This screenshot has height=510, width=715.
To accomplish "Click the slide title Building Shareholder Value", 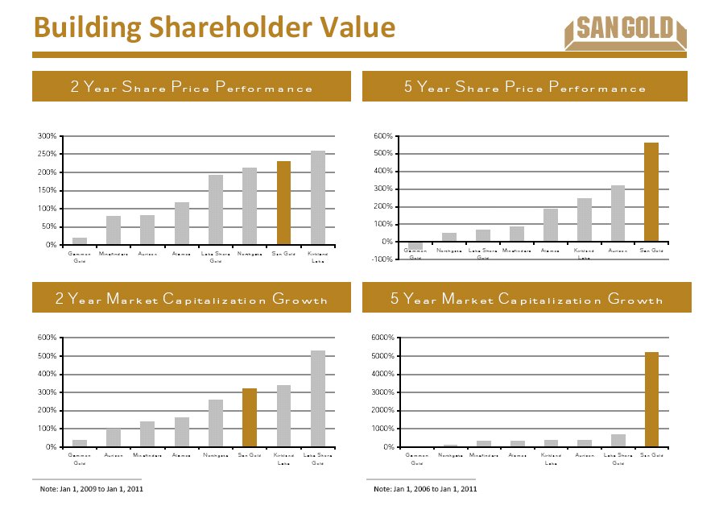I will pyautogui.click(x=215, y=28).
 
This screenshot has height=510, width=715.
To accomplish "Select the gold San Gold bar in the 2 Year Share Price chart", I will pyautogui.click(x=283, y=203).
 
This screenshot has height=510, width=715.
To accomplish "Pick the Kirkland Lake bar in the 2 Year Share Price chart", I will pyautogui.click(x=317, y=197).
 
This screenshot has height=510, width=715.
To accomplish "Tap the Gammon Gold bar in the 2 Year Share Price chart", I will pyautogui.click(x=80, y=241).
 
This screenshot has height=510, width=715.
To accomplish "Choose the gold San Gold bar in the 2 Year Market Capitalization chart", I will pyautogui.click(x=250, y=417).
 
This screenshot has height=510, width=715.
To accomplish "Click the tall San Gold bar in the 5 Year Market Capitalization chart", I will pyautogui.click(x=651, y=400).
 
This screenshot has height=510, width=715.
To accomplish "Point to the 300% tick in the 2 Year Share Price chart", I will pyautogui.click(x=45, y=135).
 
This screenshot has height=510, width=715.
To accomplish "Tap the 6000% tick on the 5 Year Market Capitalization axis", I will pyautogui.click(x=378, y=338).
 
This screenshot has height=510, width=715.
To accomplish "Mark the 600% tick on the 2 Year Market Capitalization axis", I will pyautogui.click(x=45, y=338).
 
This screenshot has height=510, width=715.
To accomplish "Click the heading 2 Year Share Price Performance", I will pyautogui.click(x=192, y=88).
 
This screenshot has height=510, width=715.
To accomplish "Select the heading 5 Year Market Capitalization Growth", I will pyautogui.click(x=527, y=300).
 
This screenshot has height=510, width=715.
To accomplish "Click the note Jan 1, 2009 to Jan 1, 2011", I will pyautogui.click(x=92, y=489).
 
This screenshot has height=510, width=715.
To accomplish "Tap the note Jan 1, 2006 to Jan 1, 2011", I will pyautogui.click(x=425, y=489).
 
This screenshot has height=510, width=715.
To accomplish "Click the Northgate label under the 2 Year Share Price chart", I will pyautogui.click(x=250, y=255).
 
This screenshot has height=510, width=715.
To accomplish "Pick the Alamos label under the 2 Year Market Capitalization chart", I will pyautogui.click(x=181, y=456).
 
